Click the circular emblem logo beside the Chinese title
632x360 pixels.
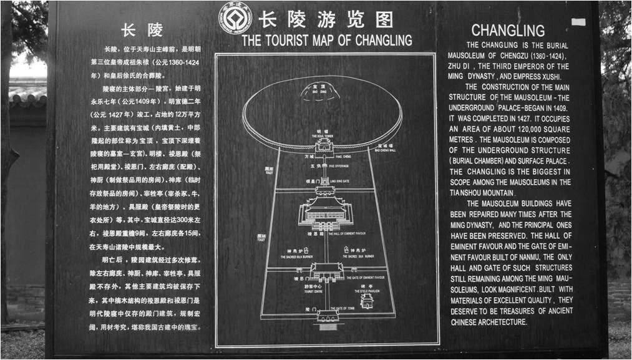(235, 19)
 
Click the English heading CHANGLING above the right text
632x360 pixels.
(508, 30)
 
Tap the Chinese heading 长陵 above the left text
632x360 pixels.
(142, 31)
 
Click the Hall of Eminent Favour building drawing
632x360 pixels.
(324, 209)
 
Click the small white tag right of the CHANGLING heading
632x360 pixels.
(578, 22)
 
